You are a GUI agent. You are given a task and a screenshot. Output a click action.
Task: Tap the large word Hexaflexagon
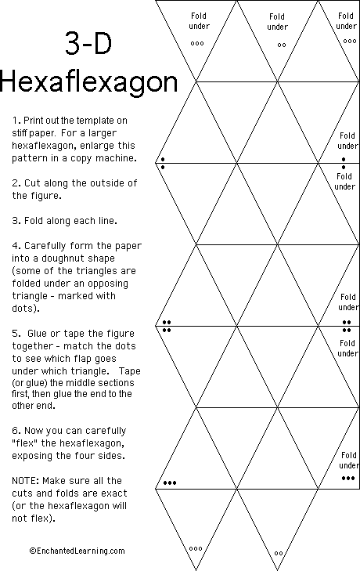[88, 83]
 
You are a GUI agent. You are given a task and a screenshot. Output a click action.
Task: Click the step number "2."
[16, 183]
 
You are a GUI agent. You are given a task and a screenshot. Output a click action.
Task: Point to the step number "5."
[16, 332]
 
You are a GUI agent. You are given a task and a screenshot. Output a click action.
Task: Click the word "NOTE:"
[27, 480]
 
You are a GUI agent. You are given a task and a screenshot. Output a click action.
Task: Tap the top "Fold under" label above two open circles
[277, 22]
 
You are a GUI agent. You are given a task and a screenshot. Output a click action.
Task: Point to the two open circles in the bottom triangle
[279, 553]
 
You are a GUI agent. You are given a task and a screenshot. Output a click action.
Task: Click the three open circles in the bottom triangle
[196, 548]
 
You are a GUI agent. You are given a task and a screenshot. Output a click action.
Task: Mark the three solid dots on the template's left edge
[169, 483]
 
